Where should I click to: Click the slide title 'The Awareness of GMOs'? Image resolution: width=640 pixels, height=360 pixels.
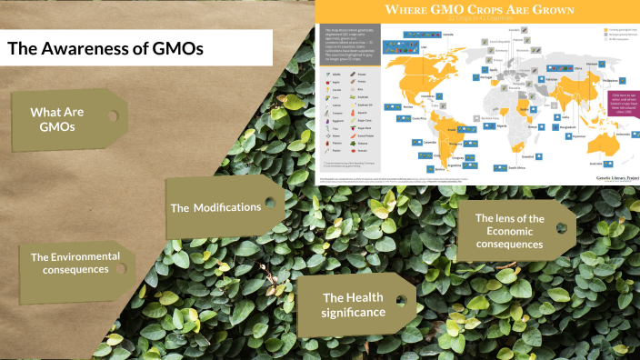coord(105,48)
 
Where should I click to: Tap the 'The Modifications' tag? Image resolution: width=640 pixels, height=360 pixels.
coord(216,207)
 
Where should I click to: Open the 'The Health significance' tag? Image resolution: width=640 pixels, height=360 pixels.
coord(354,305)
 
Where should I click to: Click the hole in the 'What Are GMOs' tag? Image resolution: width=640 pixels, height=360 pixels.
coord(114,116)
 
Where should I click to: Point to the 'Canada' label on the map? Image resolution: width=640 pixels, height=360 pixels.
coord(447,35)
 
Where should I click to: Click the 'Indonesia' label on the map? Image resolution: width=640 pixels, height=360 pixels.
coord(622,134)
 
